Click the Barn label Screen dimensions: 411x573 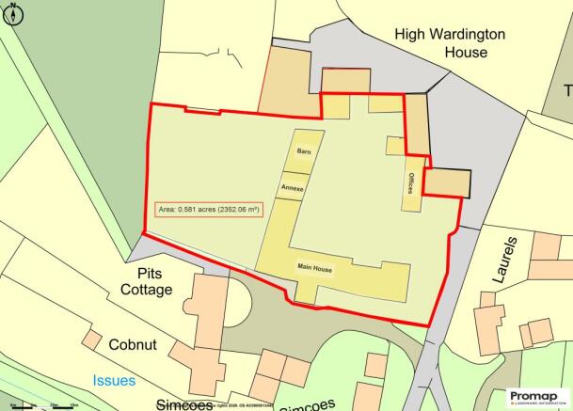point(303,150)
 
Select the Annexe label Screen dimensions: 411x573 point(291,187)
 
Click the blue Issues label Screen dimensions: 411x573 point(113,381)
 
